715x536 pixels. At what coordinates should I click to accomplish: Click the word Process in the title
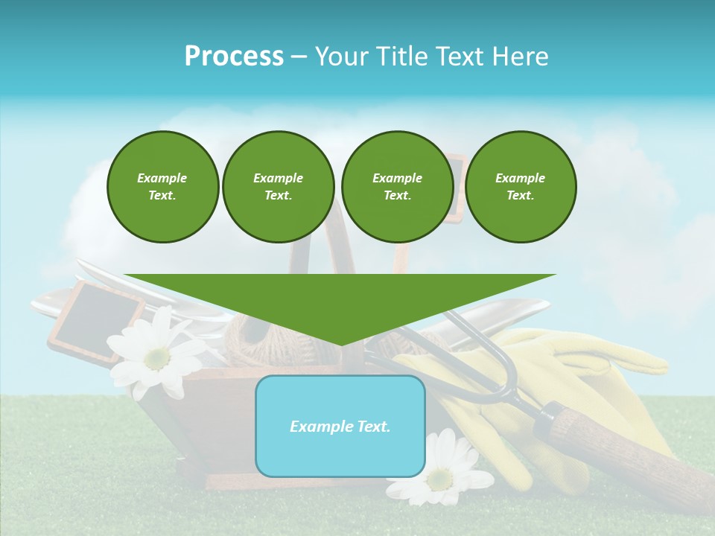click(234, 56)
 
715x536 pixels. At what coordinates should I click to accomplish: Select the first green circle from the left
click(162, 187)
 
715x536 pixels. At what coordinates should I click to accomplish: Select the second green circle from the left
click(279, 187)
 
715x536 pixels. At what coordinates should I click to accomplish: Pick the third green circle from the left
click(397, 187)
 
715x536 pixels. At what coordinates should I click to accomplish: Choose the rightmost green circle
click(521, 187)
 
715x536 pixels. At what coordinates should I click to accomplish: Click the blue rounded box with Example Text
click(340, 426)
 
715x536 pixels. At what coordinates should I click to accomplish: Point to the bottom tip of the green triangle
click(340, 345)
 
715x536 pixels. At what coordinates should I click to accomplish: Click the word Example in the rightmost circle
click(520, 178)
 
